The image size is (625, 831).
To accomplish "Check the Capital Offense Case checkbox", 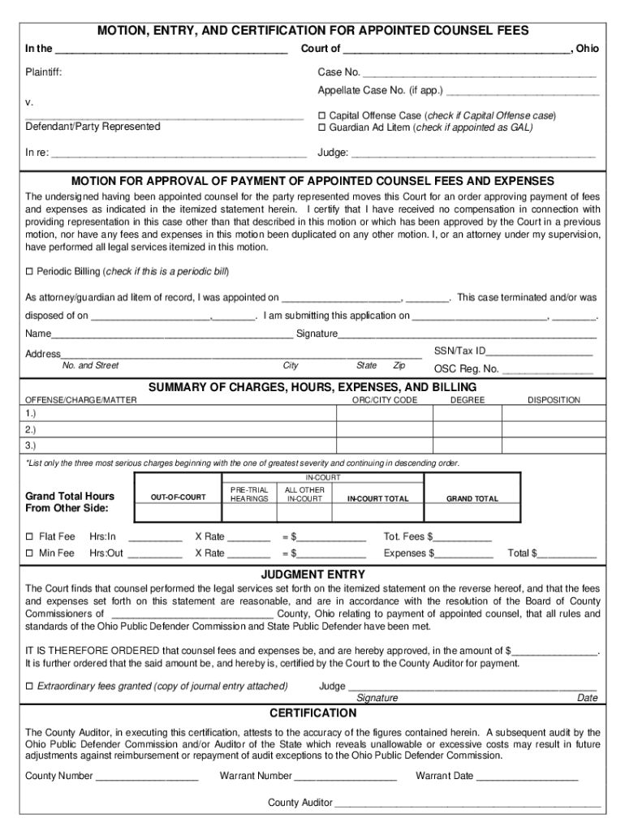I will (x=321, y=116).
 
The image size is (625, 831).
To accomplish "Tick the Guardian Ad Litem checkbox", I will (x=321, y=128).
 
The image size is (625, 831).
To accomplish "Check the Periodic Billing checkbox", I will (x=29, y=271).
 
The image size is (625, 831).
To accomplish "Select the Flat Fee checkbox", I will (x=29, y=536).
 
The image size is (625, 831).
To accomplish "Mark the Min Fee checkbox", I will (x=29, y=553).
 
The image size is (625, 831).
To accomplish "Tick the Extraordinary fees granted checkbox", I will (x=29, y=687).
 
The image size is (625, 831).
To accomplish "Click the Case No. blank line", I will (x=479, y=75).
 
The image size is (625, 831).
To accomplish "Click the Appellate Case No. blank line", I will (x=523, y=93).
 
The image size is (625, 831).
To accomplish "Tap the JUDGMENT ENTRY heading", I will (x=312, y=575).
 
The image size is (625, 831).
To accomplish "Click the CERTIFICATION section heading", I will (x=312, y=713).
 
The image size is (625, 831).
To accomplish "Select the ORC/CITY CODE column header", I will (x=384, y=400).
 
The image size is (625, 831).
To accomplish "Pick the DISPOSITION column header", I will (x=554, y=400).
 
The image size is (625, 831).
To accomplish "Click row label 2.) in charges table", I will (x=30, y=429).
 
